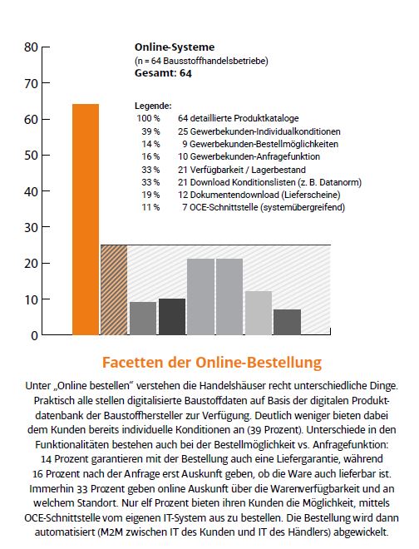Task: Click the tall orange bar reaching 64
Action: click(x=86, y=219)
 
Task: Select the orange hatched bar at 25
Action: click(x=114, y=289)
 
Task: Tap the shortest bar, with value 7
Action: click(x=287, y=322)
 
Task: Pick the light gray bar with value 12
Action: click(x=258, y=313)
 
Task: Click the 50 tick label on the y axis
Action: click(x=31, y=156)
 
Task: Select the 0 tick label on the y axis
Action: click(x=33, y=336)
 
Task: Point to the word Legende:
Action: click(x=153, y=106)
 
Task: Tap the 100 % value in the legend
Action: click(x=149, y=119)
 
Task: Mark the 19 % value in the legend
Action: click(x=150, y=194)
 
